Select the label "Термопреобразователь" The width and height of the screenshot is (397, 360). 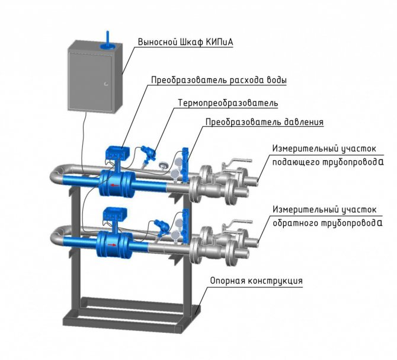(x=228, y=103)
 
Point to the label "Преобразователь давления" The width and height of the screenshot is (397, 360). (x=264, y=123)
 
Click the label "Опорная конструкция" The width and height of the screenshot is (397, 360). (x=256, y=281)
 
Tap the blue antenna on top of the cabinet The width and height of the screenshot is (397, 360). (x=107, y=38)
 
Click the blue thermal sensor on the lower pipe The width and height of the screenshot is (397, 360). (x=159, y=225)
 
